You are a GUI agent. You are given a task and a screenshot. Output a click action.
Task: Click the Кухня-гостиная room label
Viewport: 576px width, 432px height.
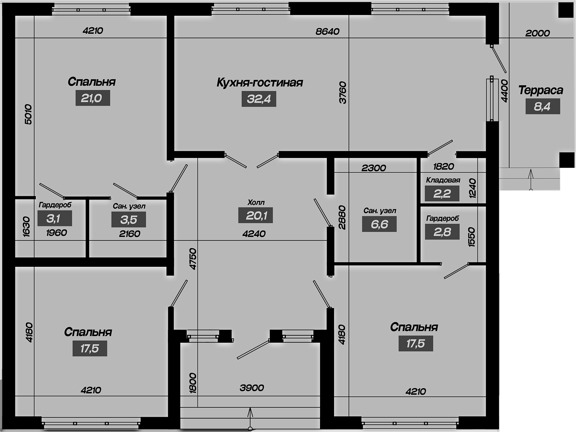click(260, 82)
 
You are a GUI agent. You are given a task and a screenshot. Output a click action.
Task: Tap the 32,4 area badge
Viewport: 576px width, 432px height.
click(259, 99)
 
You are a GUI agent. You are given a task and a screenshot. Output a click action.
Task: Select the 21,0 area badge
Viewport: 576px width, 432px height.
click(93, 98)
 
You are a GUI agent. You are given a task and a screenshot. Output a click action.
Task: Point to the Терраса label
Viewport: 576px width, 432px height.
click(541, 90)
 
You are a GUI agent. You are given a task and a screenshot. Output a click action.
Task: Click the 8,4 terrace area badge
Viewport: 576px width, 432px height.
click(543, 106)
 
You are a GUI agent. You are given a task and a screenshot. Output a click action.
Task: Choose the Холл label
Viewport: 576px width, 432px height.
click(256, 202)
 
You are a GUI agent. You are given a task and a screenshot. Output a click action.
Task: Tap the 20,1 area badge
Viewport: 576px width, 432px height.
click(256, 215)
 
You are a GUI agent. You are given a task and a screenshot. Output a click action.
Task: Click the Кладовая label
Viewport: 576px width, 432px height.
click(443, 180)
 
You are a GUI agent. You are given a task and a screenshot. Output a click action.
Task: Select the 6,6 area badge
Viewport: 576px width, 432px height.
click(380, 224)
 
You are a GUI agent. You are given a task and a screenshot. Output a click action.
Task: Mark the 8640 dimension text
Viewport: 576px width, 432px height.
click(327, 31)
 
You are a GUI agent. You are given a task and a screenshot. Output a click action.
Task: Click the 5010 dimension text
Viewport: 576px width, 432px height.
click(28, 114)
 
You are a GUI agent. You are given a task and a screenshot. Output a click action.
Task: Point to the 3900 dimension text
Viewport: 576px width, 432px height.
click(251, 388)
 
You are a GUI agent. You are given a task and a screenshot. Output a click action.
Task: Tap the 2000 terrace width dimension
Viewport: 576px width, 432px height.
click(537, 33)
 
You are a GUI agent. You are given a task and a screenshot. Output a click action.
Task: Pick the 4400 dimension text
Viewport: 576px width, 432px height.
click(504, 91)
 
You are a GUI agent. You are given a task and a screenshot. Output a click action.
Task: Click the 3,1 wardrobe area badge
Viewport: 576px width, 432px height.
click(55, 218)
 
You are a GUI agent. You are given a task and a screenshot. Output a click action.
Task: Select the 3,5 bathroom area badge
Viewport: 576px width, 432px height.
click(128, 220)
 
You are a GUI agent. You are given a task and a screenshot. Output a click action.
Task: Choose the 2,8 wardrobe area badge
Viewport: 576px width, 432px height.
click(442, 232)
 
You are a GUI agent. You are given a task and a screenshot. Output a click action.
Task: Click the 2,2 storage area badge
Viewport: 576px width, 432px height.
click(442, 194)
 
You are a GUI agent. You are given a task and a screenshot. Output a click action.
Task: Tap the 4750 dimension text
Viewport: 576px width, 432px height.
click(193, 259)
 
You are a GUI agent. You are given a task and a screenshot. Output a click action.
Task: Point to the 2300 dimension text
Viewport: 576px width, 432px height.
click(374, 168)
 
